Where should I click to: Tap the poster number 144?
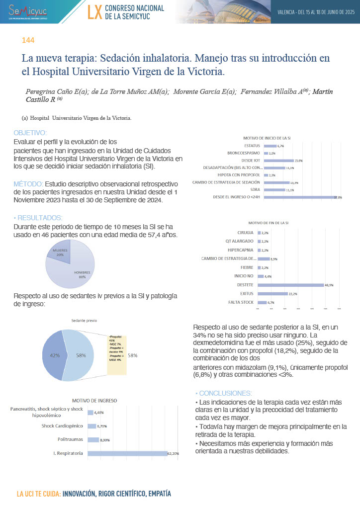click(x=28, y=40)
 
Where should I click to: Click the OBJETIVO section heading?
click(x=30, y=133)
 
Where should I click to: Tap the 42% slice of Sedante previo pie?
click(x=53, y=356)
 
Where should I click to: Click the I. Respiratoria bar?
click(x=127, y=453)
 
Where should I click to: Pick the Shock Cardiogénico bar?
click(x=91, y=426)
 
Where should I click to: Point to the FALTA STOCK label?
click(x=241, y=302)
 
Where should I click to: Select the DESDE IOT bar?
click(x=278, y=161)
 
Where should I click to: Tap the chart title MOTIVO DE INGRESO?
click(x=94, y=400)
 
